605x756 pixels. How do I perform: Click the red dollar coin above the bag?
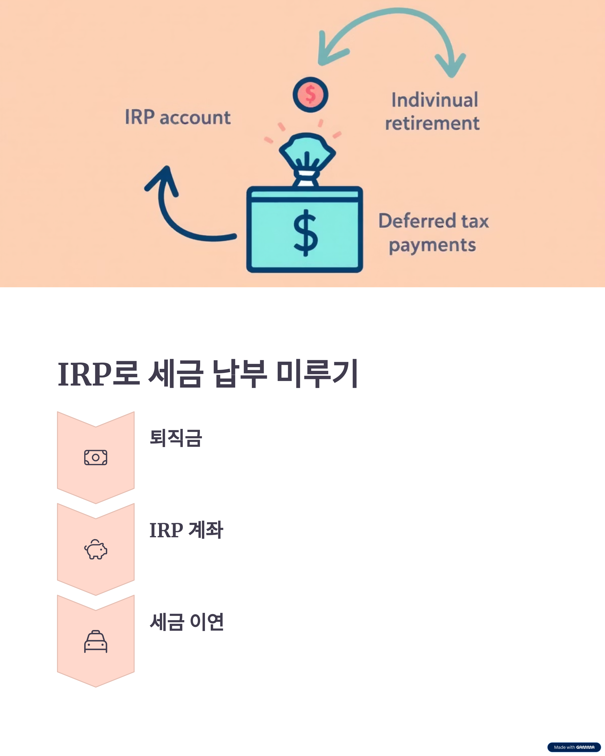click(310, 95)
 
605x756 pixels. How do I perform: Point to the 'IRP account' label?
click(178, 117)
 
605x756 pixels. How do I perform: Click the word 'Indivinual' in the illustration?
click(435, 100)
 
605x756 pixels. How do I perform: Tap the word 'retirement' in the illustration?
click(432, 123)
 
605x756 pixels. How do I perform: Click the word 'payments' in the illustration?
click(432, 245)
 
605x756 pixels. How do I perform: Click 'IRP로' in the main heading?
click(99, 374)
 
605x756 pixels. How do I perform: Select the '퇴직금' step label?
click(176, 438)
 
